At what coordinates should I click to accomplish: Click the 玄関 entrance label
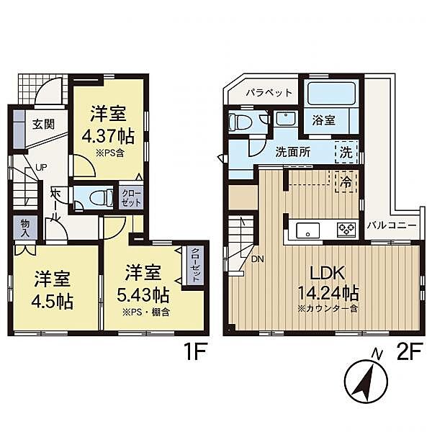43,125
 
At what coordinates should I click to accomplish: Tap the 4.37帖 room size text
109,136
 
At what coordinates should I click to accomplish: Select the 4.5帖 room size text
53,302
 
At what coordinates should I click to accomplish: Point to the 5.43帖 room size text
143,295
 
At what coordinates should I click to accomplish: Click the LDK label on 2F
328,273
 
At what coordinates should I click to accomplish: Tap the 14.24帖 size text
328,293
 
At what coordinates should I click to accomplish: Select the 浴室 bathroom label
323,120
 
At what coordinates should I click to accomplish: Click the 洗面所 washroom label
293,152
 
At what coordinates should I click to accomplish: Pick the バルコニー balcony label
392,226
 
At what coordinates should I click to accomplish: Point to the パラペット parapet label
269,93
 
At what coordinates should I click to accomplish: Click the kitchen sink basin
307,230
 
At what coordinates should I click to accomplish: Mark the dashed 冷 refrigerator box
346,182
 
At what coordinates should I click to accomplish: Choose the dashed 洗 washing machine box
346,152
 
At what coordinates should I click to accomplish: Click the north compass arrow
363,383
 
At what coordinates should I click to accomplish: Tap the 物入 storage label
25,228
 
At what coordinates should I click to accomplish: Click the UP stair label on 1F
41,167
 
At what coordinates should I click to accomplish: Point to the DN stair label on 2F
257,259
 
